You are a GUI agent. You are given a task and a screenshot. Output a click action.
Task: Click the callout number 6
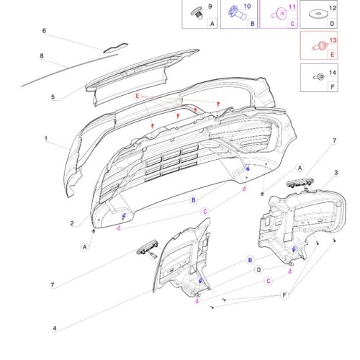coord(44,31)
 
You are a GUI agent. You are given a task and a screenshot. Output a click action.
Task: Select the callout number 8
coord(42,56)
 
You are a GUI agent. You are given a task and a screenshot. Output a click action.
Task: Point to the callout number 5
coord(53,97)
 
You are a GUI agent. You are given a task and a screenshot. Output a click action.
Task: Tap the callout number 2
coord(72,223)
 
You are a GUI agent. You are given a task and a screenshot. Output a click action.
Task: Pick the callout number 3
coord(336,173)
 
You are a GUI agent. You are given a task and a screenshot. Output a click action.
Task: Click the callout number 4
coord(55,328)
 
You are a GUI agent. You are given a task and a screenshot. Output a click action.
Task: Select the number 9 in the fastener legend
coord(210,6)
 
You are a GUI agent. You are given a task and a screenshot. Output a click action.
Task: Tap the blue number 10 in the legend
coord(247,6)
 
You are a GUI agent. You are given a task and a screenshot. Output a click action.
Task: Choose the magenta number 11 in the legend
coord(292,6)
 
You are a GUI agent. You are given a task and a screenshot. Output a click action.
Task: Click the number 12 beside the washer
coord(333,8)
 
